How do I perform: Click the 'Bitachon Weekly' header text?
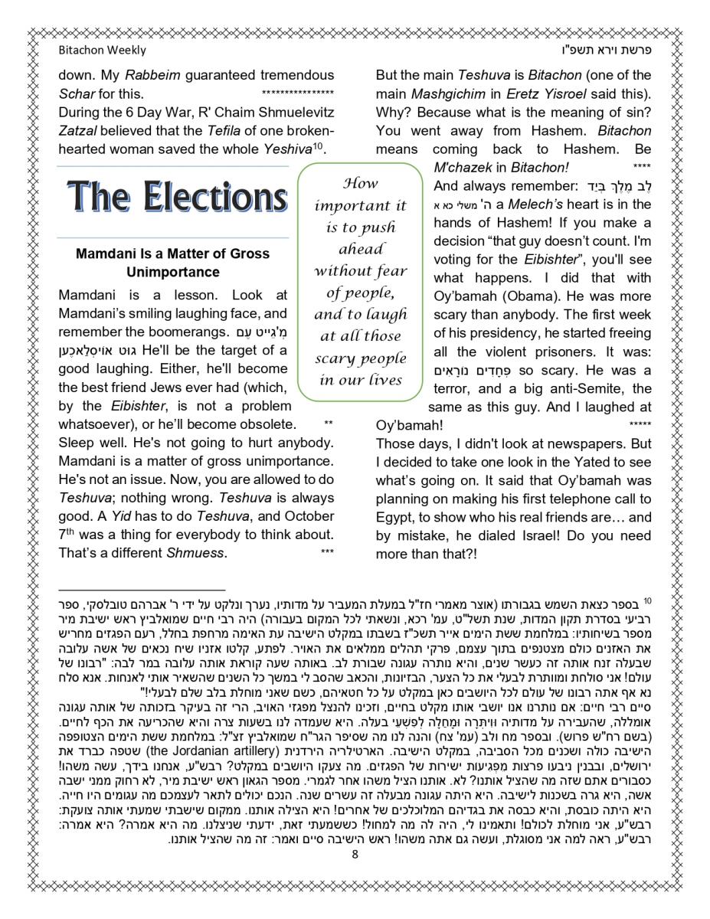[102, 51]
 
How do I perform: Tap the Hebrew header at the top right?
[608, 51]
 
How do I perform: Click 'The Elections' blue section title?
[177, 198]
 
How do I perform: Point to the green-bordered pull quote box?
[361, 281]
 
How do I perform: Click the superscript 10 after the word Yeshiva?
[317, 145]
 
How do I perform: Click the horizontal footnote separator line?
[142, 590]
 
